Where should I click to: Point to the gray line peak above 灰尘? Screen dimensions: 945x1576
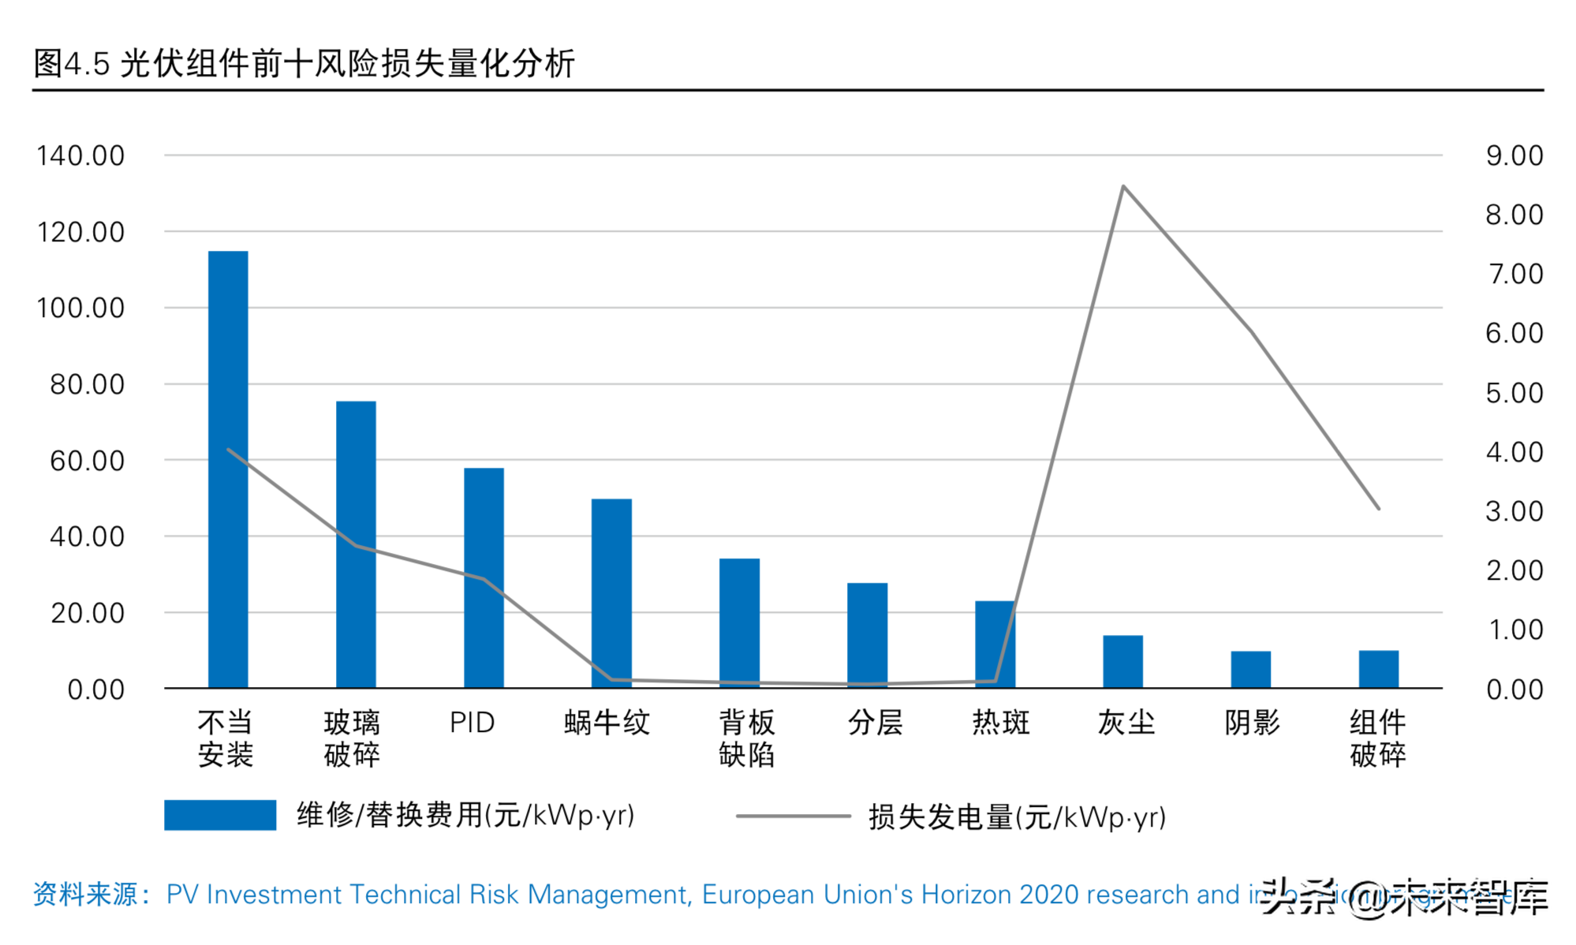pyautogui.click(x=1122, y=187)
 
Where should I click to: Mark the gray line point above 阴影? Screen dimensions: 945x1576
pyautogui.click(x=1251, y=331)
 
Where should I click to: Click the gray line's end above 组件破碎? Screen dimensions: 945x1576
pyautogui.click(x=1378, y=508)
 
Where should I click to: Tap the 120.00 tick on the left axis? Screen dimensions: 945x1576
pyautogui.click(x=80, y=232)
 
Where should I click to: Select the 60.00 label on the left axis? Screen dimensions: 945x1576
pyautogui.click(x=87, y=461)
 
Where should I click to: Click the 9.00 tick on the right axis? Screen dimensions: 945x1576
pyautogui.click(x=1514, y=155)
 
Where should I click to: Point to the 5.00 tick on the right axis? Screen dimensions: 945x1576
pyautogui.click(x=1514, y=393)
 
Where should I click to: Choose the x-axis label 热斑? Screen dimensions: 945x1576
pyautogui.click(x=1000, y=722)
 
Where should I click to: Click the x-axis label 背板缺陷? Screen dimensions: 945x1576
pyautogui.click(x=746, y=738)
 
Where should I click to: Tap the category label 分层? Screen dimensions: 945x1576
pyautogui.click(x=874, y=722)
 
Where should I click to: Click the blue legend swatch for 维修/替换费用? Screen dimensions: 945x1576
pyautogui.click(x=220, y=815)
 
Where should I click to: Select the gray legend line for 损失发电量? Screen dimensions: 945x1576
pyautogui.click(x=793, y=816)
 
